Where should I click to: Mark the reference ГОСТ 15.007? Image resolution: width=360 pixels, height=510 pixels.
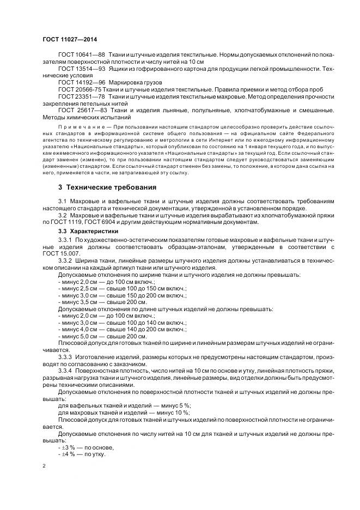60,253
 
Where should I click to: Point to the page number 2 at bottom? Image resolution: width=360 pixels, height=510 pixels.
44,466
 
